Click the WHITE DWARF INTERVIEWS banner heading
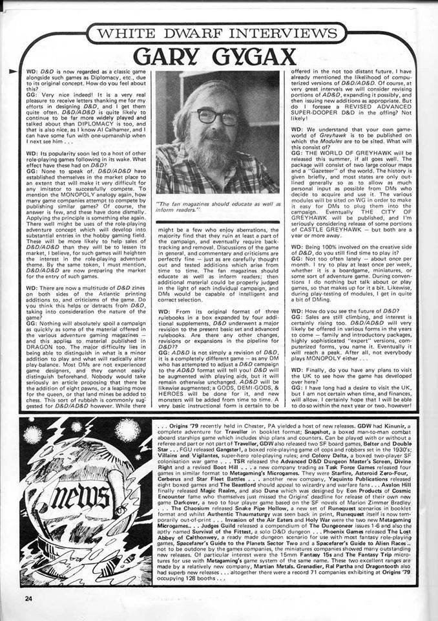[x=218, y=32]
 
